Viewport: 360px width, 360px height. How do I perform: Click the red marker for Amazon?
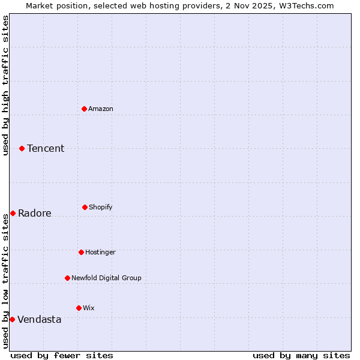[x=85, y=109]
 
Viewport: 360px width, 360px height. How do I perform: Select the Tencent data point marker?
[x=22, y=148]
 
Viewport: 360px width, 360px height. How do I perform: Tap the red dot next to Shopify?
[x=85, y=207]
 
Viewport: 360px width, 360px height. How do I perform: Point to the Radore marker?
[x=13, y=213]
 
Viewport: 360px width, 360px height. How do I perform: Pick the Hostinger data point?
[x=81, y=252]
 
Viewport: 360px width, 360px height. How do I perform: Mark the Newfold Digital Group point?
[x=67, y=278]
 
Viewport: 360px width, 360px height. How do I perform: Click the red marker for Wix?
[x=79, y=308]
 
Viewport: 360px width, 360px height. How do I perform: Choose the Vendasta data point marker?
[x=12, y=319]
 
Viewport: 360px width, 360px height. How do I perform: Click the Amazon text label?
[x=101, y=109]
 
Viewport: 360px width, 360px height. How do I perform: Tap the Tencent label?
[x=46, y=149]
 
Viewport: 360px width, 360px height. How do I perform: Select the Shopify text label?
[x=101, y=207]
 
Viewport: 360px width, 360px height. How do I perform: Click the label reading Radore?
[x=35, y=214]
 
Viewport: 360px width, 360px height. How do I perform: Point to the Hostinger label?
[x=100, y=252]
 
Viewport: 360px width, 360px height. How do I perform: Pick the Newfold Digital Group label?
[x=106, y=278]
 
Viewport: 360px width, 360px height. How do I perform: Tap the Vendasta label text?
[x=40, y=320]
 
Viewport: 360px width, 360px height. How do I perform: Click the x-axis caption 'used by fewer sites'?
[x=62, y=355]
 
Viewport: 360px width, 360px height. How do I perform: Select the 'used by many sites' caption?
[x=301, y=355]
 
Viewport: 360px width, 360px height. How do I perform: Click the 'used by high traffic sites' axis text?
[x=5, y=85]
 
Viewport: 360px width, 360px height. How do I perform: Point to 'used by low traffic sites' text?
[x=5, y=281]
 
